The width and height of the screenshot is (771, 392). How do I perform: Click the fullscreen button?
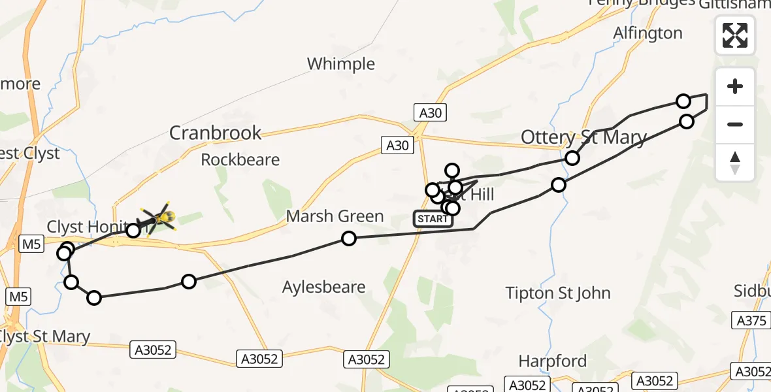pos(735,35)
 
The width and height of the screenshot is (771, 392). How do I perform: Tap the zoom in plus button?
pos(735,87)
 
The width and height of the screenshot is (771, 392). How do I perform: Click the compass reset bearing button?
pos(735,163)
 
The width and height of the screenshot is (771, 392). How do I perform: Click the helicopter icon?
pos(159,219)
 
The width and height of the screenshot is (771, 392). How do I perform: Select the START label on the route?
pos(433,219)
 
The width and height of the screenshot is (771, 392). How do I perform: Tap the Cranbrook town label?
pos(215,133)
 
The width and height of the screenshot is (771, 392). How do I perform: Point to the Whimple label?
pos(341,64)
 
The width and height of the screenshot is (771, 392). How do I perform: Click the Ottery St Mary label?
pos(583,138)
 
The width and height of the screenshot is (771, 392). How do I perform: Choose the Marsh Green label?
pos(335,216)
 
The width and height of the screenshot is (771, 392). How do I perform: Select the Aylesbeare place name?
pos(324,287)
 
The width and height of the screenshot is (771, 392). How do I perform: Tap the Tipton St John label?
pos(558,293)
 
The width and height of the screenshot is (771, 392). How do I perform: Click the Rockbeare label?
pos(240,160)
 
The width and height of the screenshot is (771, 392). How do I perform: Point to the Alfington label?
pos(648,33)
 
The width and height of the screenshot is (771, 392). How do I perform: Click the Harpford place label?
pos(552,361)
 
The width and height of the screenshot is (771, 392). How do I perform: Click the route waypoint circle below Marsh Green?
pos(349,238)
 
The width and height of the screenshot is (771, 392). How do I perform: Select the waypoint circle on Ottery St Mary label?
pos(572,158)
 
